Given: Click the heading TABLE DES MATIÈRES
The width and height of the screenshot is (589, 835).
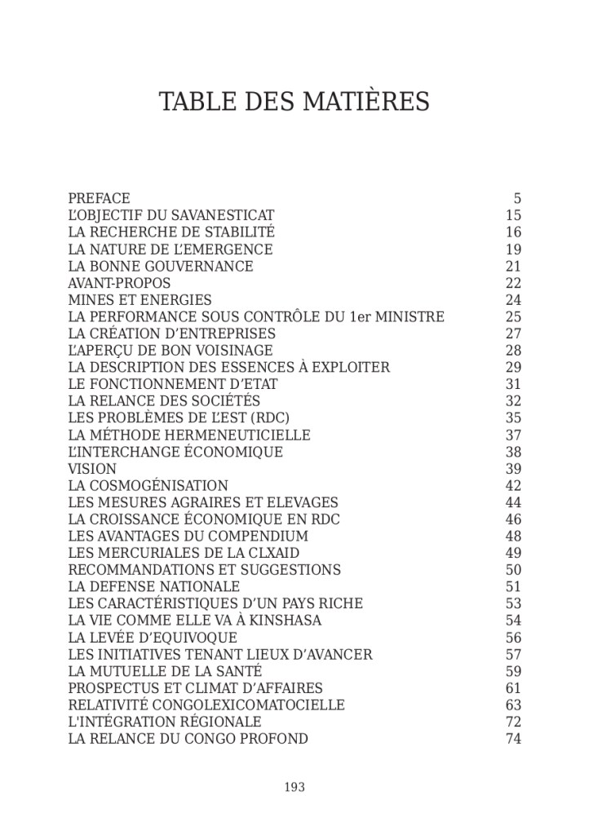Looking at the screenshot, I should point(294,102).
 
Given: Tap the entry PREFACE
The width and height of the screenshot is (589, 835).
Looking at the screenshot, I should point(99,198).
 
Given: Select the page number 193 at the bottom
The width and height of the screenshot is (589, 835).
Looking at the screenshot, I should point(294,787).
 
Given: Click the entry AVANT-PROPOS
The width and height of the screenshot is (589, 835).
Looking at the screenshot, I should point(119,283).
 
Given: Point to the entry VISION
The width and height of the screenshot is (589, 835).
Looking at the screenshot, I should point(92,469).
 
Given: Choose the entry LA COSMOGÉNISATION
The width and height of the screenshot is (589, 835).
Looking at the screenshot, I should point(148,486).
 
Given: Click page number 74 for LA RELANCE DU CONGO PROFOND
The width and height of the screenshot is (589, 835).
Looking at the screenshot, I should point(513,739).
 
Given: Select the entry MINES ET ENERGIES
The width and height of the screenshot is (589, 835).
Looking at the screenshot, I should point(139,300).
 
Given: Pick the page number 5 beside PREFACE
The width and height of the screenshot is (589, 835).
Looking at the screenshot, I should point(517,198).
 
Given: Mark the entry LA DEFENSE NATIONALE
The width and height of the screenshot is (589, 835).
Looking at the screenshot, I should point(153,587).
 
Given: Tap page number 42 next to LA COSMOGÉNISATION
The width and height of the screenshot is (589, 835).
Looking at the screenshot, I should point(513,486).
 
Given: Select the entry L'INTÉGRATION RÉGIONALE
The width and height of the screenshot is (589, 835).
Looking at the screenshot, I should point(165,722).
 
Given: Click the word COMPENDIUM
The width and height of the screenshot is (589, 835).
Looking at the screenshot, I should point(258,537).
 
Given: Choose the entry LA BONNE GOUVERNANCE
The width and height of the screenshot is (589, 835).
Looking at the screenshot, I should point(161,267).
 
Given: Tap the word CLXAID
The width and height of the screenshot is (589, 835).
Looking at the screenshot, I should point(277,554).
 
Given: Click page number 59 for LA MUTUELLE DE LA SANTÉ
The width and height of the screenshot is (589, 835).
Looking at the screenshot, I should point(513,671).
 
